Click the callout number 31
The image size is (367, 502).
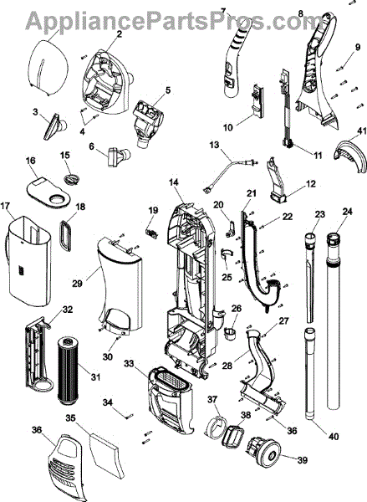click(x=95, y=377)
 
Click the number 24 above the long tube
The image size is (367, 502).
click(x=348, y=212)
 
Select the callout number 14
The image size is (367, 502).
click(x=174, y=182)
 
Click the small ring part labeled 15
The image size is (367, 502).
click(x=72, y=178)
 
